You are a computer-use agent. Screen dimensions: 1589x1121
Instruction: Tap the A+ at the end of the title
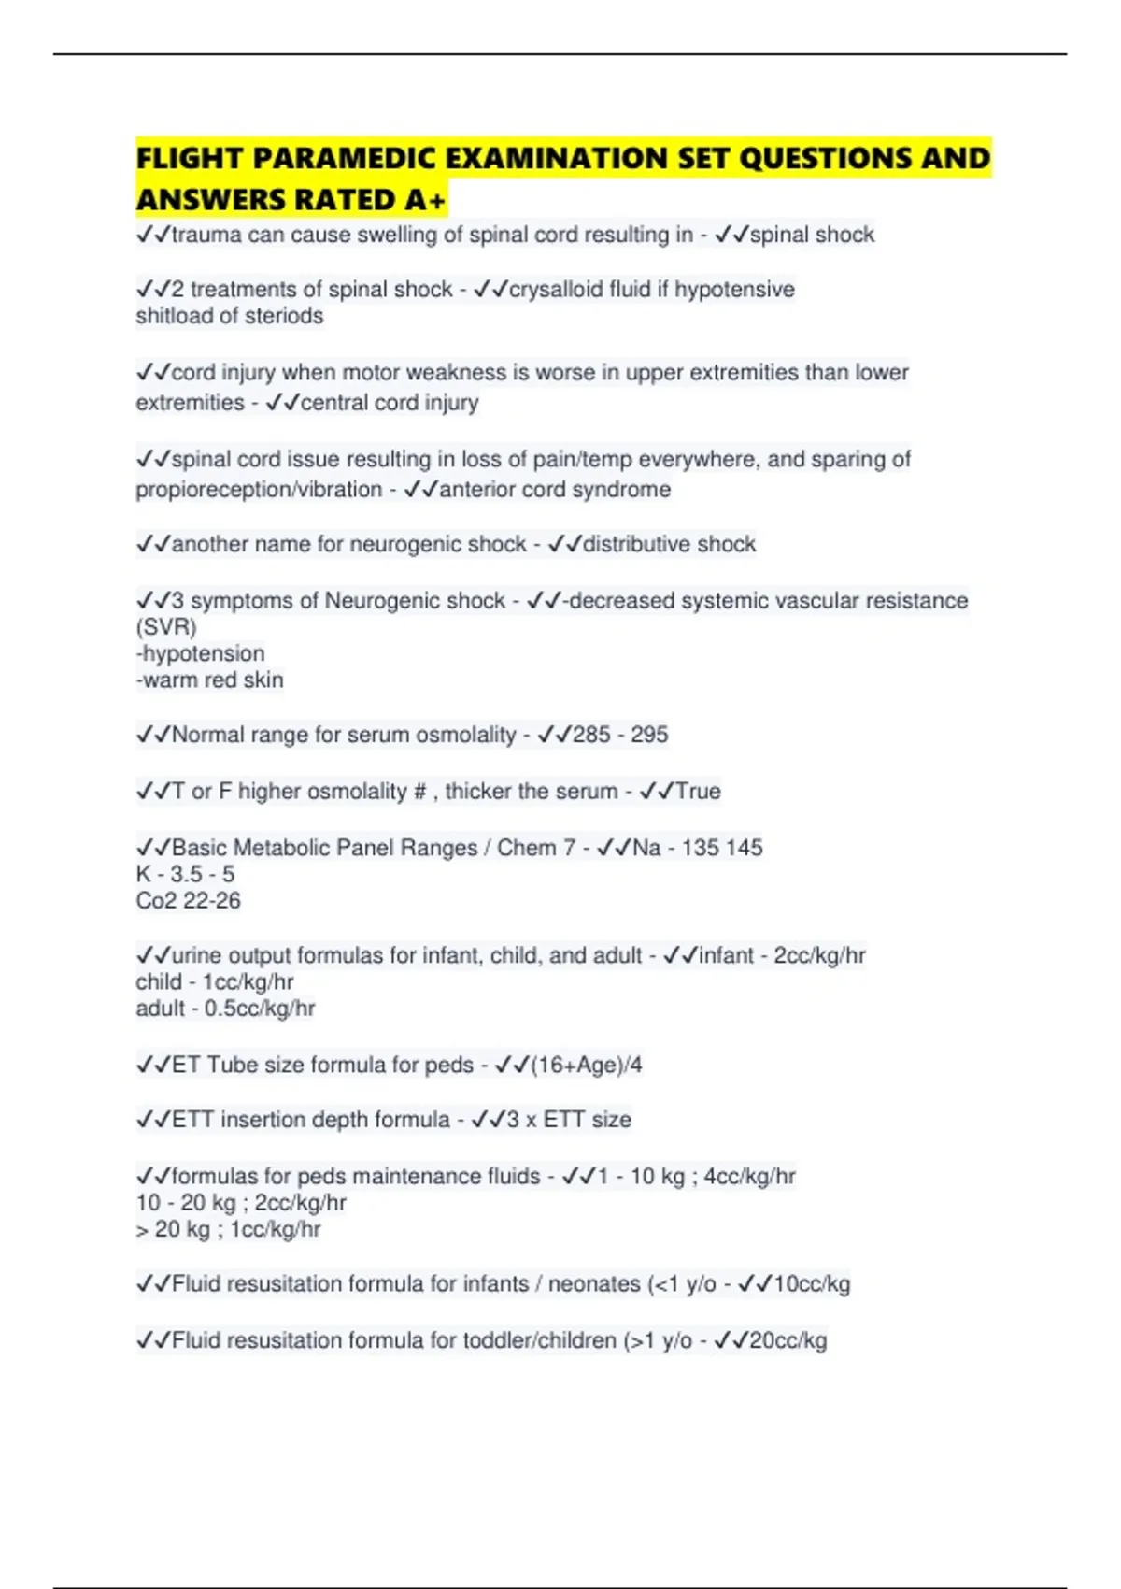(425, 200)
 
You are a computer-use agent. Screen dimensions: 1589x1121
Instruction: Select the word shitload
(174, 316)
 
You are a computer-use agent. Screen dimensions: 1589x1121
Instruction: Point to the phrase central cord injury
(389, 403)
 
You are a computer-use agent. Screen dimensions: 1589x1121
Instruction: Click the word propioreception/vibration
(259, 490)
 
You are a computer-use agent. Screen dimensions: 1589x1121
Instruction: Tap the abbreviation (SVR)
(166, 627)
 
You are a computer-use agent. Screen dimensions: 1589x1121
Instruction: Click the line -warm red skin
(209, 680)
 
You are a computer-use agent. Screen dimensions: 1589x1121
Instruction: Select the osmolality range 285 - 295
(620, 735)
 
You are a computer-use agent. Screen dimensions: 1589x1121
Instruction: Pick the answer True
(698, 792)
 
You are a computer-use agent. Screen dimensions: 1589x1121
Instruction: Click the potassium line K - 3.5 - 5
(185, 875)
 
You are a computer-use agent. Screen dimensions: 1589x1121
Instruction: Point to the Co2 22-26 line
(188, 901)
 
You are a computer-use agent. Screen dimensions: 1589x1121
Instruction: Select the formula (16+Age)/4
(586, 1066)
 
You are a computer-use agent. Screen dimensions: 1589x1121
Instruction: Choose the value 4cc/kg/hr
(749, 1177)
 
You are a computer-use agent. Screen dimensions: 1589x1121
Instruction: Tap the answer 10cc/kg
(811, 1284)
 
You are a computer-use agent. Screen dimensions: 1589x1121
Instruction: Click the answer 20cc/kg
(788, 1341)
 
